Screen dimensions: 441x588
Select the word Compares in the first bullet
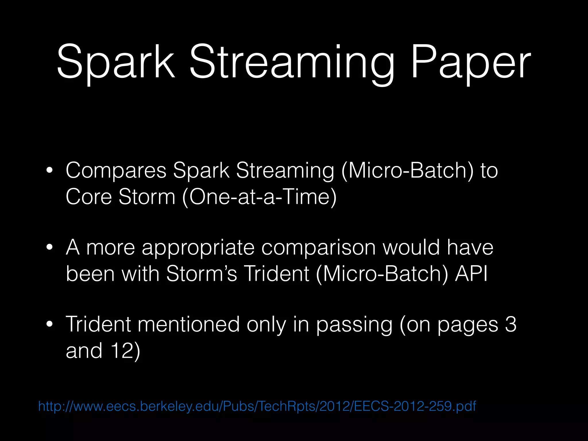click(x=116, y=171)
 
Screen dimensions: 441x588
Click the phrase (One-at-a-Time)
click(x=259, y=197)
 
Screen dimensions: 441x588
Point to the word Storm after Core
click(x=147, y=197)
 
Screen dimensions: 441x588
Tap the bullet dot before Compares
click(x=49, y=171)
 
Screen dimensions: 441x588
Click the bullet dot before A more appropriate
click(x=49, y=247)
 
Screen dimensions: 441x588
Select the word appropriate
click(x=198, y=248)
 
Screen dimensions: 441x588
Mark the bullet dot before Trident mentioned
click(x=49, y=324)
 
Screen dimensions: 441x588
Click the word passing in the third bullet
click(x=354, y=325)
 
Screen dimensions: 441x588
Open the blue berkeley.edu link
click(x=257, y=406)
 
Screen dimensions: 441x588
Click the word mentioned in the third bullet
click(x=188, y=324)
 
